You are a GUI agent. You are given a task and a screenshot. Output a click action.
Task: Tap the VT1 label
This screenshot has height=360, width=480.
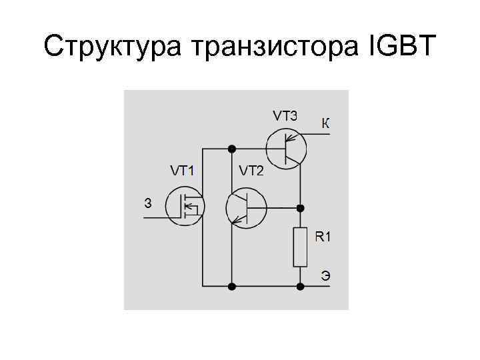tap(182, 171)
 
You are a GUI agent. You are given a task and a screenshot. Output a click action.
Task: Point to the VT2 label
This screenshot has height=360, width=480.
tap(251, 171)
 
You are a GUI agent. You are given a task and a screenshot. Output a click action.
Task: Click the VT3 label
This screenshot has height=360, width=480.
tap(285, 115)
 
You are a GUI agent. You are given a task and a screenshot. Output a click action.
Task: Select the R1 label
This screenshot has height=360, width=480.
tap(323, 236)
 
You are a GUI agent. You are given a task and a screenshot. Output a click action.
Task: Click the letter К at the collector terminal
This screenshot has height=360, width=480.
tap(325, 123)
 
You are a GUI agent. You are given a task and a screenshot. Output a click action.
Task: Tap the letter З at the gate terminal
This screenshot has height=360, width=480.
tap(148, 203)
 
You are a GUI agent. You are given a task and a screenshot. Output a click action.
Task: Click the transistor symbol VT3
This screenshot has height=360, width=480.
tap(285, 147)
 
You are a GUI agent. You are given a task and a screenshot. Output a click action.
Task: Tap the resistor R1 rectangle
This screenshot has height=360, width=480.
tap(301, 247)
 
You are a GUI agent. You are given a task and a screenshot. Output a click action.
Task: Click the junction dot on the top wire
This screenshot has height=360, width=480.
tap(231, 147)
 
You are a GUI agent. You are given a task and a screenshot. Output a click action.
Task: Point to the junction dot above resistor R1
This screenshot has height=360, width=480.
tap(301, 208)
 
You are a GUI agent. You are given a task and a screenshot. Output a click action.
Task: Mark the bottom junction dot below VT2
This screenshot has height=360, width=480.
tap(231, 287)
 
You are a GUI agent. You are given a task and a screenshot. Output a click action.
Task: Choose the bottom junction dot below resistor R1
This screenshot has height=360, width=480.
tap(301, 287)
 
